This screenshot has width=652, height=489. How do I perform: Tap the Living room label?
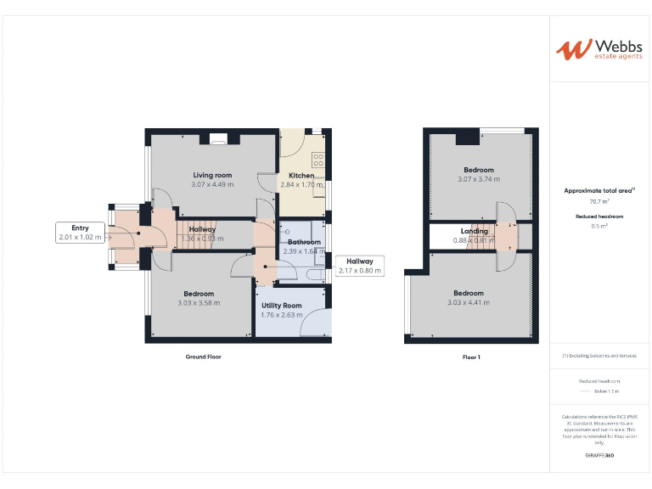point(211,175)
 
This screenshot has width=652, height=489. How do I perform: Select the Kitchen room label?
point(301,175)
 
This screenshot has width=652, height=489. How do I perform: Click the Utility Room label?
point(281,306)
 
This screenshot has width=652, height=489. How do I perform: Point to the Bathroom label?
point(303,242)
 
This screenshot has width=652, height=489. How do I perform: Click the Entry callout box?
point(80,233)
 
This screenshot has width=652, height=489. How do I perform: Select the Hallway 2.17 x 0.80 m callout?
point(360,267)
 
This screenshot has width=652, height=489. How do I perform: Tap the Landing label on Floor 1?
point(474,231)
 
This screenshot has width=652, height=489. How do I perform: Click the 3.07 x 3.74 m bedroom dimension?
point(479,179)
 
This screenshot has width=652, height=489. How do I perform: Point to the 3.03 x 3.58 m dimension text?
point(199,303)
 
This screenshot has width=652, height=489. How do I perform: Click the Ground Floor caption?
point(203,357)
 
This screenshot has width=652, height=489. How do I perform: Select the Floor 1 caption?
point(471,357)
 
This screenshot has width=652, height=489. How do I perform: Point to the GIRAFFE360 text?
point(599,456)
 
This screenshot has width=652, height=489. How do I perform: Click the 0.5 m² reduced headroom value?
point(599,226)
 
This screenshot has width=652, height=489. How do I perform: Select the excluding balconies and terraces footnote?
point(599,356)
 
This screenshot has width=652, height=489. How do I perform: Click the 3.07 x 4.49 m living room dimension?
point(211,185)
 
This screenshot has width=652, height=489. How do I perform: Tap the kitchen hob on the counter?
point(319,159)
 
